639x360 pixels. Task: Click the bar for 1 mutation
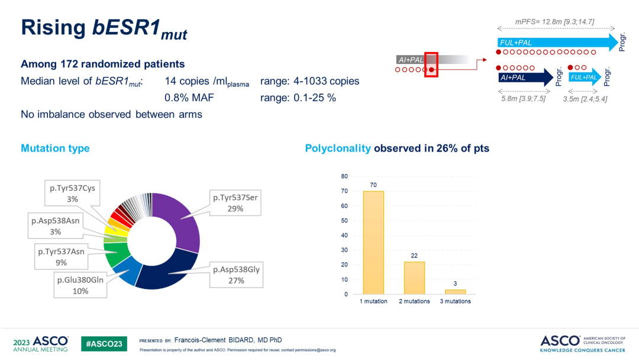point(373,243)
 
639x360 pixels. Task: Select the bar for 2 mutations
point(414,278)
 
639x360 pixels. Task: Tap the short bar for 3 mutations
point(455,291)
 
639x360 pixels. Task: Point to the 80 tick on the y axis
point(344,176)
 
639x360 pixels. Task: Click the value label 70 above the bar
point(373,185)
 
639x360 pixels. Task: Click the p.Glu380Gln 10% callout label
point(80,285)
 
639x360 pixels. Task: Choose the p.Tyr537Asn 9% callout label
point(61,257)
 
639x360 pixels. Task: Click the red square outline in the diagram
point(431,65)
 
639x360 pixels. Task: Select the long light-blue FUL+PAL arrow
point(557,42)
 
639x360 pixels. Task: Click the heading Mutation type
point(55,148)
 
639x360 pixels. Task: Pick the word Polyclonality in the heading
point(338,148)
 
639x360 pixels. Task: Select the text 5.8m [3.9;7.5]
point(523,98)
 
